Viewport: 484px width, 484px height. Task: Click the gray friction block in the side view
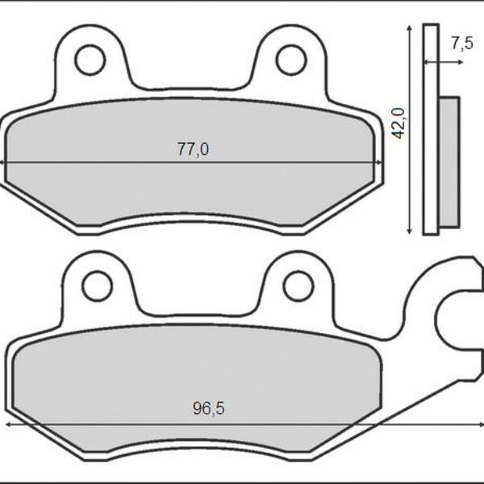[450, 161]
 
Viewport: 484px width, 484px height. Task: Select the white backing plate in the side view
[432, 129]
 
